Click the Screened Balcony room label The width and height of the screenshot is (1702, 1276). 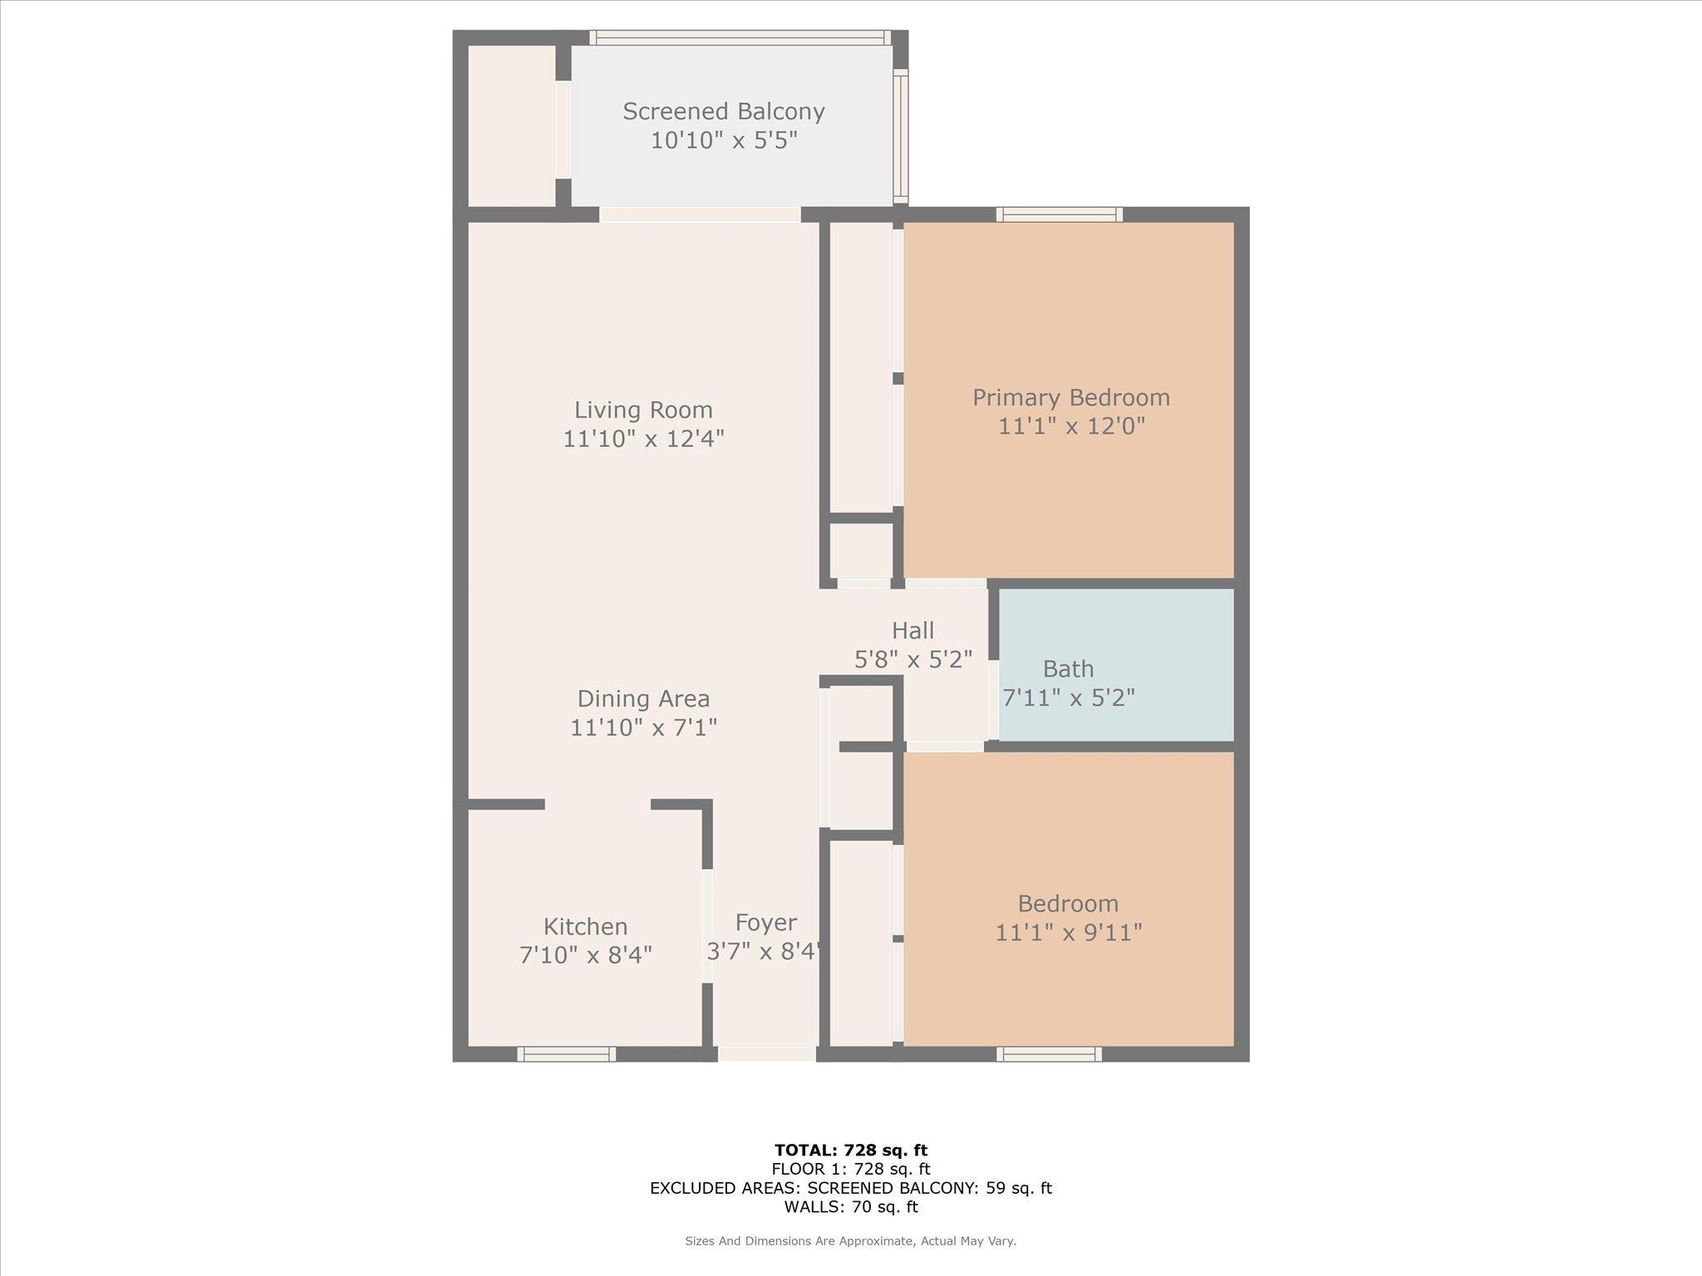[723, 111]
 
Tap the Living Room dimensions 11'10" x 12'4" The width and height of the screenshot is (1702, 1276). [643, 438]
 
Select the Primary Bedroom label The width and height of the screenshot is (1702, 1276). [1071, 398]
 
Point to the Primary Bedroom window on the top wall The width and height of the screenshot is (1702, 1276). [1060, 214]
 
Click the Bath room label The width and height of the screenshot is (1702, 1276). [1068, 669]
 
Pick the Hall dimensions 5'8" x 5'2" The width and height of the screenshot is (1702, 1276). [913, 660]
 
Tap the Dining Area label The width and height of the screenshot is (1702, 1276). [643, 699]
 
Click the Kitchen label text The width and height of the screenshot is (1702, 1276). [585, 926]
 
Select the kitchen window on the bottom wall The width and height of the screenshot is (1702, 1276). [567, 1054]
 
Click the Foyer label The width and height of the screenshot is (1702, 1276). [765, 923]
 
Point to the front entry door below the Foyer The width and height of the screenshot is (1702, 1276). [766, 1054]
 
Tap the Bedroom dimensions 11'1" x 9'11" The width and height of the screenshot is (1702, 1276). [1069, 932]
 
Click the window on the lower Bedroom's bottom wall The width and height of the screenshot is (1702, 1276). [1050, 1054]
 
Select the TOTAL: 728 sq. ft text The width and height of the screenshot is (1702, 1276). [851, 1151]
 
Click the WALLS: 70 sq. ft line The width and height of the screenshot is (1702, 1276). [851, 1207]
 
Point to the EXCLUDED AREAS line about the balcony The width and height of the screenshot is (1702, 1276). [851, 1188]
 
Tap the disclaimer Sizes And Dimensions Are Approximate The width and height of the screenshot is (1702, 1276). [851, 1241]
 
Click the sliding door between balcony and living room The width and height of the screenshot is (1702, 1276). [700, 214]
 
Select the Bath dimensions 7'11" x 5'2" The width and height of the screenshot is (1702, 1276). [1069, 697]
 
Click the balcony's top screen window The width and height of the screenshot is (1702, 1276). [740, 37]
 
